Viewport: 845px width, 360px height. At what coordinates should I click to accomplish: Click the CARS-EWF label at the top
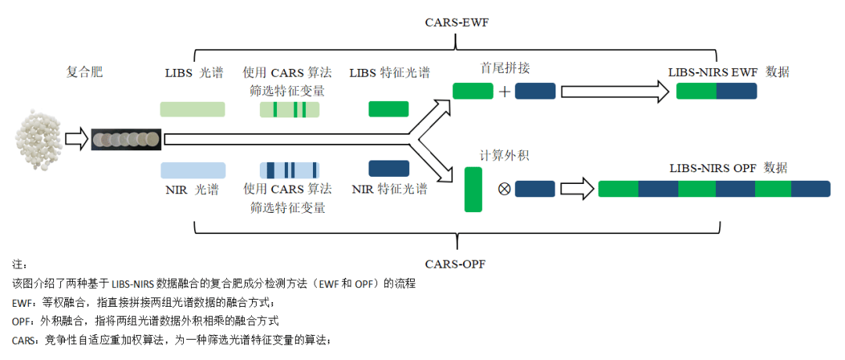click(x=457, y=22)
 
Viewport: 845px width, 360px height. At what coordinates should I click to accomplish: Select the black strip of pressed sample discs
click(x=126, y=139)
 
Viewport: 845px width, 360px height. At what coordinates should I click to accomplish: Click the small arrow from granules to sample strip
click(x=77, y=139)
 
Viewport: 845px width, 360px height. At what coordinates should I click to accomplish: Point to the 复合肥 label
click(x=84, y=73)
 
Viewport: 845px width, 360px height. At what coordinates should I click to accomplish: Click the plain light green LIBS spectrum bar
click(x=192, y=110)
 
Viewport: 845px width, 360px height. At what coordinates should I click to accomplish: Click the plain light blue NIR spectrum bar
click(x=192, y=170)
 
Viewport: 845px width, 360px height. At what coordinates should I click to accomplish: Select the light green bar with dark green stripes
click(x=289, y=110)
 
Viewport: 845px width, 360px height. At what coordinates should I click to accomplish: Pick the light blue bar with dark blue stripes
click(x=289, y=170)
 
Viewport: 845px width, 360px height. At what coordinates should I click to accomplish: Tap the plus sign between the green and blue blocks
click(x=505, y=92)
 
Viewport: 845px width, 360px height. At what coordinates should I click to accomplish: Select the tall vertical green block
click(x=473, y=189)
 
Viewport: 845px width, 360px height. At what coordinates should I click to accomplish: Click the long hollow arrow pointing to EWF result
click(x=615, y=92)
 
